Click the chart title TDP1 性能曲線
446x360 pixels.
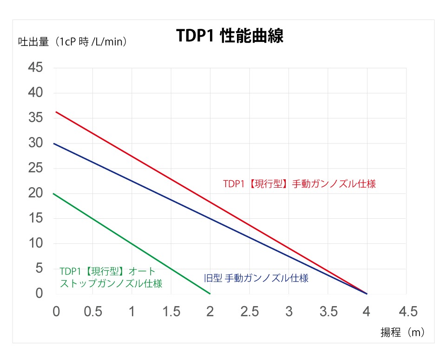[x=230, y=37]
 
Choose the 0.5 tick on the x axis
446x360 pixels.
[x=93, y=311]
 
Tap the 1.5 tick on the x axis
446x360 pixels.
[x=171, y=311]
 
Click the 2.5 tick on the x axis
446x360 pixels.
[x=249, y=311]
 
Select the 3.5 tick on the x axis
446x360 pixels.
[x=328, y=311]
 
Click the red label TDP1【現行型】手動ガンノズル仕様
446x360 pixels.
[x=299, y=184]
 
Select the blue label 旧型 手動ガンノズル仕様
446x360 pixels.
[x=256, y=279]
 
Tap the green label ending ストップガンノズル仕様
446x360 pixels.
[x=111, y=283]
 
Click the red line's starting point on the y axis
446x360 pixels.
[x=56, y=112]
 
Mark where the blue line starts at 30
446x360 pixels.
[x=54, y=144]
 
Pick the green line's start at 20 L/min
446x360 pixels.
[x=54, y=194]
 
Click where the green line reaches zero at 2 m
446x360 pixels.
[x=210, y=294]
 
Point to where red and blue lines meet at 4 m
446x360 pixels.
[x=367, y=294]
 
